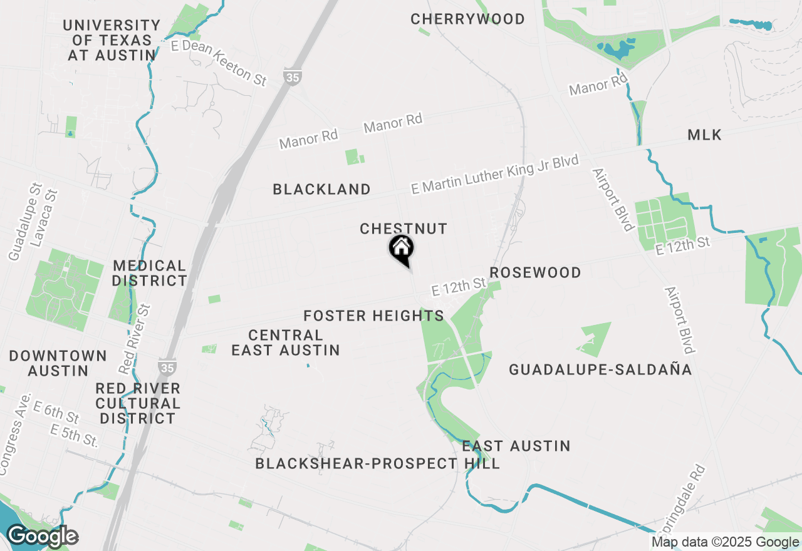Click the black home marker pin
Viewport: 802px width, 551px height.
click(x=401, y=248)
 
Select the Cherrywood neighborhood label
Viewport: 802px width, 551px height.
click(x=467, y=19)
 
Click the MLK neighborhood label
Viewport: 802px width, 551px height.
click(x=704, y=135)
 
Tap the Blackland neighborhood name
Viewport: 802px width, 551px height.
click(x=321, y=189)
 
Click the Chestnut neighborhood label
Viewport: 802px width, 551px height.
click(x=404, y=229)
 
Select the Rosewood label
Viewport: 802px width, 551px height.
click(x=535, y=272)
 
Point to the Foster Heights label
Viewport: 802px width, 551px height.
click(x=373, y=316)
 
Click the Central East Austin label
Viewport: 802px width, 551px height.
click(x=286, y=342)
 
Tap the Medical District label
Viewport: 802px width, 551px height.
click(x=150, y=273)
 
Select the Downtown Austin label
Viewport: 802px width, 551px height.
click(x=58, y=363)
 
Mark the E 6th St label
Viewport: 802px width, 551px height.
click(x=56, y=413)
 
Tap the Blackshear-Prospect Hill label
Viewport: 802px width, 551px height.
click(x=377, y=463)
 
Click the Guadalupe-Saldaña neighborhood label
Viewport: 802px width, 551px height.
click(x=600, y=369)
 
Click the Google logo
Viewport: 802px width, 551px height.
click(x=43, y=536)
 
